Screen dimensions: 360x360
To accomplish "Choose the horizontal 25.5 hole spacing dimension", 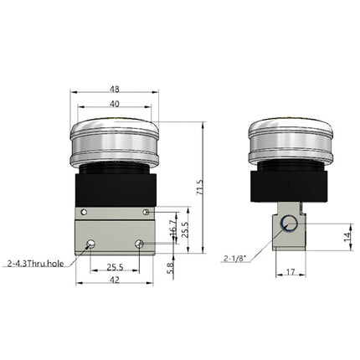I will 115,268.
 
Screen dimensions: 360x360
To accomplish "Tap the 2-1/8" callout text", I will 236,259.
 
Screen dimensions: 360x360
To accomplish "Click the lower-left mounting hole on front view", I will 89,244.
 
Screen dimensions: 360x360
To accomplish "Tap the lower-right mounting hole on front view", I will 140,244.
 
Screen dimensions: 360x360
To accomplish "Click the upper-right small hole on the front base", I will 146,212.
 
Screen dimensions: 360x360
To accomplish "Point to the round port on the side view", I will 289,224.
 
